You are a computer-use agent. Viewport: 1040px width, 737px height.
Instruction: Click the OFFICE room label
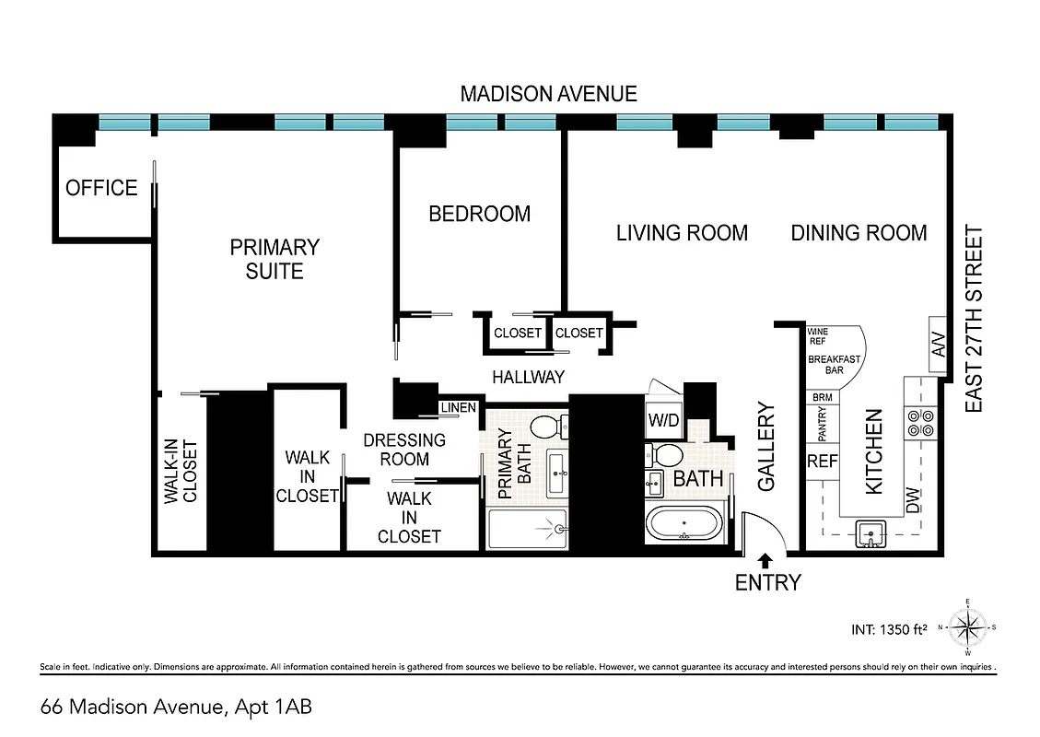(x=101, y=188)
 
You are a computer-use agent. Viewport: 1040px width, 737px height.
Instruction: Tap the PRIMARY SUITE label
(x=274, y=259)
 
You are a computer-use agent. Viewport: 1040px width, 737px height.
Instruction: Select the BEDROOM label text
(x=479, y=214)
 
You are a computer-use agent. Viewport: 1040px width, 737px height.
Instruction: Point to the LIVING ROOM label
(x=682, y=233)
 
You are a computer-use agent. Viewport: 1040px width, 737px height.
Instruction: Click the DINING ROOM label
(x=859, y=233)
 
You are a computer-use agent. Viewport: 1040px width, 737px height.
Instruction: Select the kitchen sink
(x=868, y=533)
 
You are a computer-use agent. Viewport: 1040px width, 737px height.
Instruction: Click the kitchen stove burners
(x=921, y=421)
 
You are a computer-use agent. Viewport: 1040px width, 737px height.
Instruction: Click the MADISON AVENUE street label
(x=548, y=94)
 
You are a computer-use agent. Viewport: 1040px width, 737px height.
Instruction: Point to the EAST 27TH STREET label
(x=974, y=320)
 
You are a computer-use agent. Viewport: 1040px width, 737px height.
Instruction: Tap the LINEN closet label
(x=458, y=408)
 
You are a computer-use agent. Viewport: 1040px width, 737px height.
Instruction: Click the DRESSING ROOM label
(x=404, y=450)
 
